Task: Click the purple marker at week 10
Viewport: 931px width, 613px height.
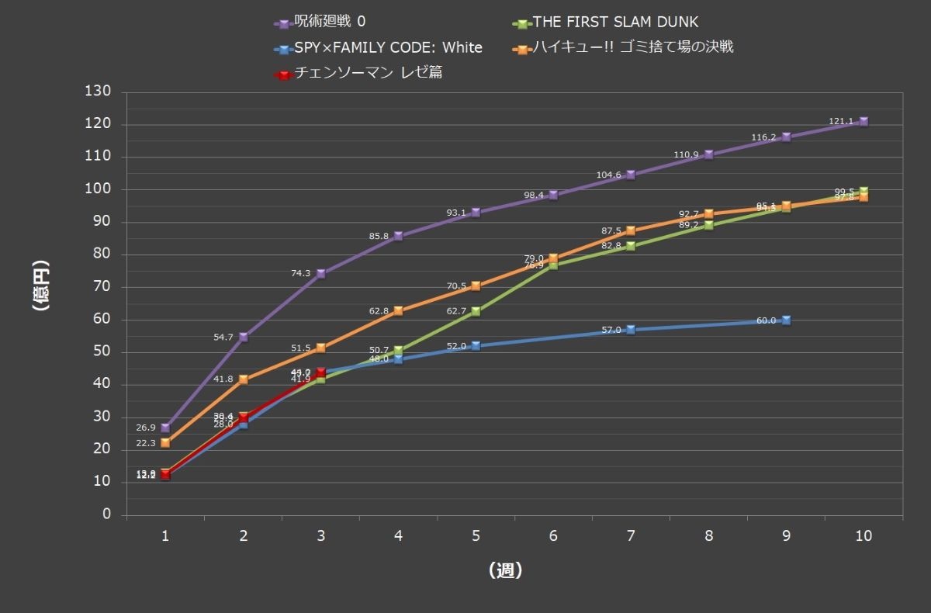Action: coord(864,121)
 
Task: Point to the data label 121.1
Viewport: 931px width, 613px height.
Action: coord(842,121)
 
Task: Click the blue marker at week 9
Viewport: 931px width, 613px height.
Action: coord(786,320)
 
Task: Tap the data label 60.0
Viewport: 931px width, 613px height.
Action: coord(766,320)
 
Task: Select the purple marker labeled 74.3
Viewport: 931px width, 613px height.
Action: coord(320,273)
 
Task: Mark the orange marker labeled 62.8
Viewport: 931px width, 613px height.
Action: coord(398,310)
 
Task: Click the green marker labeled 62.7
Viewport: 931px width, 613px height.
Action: coord(476,311)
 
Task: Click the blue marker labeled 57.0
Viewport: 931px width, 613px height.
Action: coord(631,330)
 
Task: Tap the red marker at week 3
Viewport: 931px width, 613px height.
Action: coord(320,372)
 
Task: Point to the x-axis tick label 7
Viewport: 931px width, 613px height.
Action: coord(631,536)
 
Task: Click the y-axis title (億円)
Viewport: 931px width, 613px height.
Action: coord(40,286)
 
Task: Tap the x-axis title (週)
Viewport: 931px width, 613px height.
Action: coord(506,570)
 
